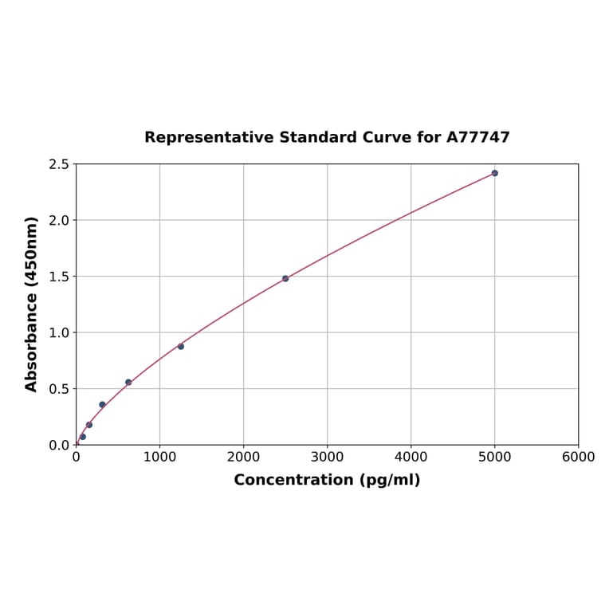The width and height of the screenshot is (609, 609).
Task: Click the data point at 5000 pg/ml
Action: pyautogui.click(x=494, y=173)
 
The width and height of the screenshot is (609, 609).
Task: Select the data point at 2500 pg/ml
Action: pyautogui.click(x=285, y=278)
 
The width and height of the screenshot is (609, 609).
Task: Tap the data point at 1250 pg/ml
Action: pyautogui.click(x=181, y=346)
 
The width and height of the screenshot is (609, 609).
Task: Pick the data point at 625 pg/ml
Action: pyautogui.click(x=128, y=382)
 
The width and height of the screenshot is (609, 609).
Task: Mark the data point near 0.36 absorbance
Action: pyautogui.click(x=102, y=404)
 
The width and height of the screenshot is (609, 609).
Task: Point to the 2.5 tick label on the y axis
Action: pyautogui.click(x=59, y=164)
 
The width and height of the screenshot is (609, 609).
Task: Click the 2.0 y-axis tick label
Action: pyautogui.click(x=59, y=220)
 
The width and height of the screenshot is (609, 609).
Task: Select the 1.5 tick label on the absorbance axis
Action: pyautogui.click(x=59, y=277)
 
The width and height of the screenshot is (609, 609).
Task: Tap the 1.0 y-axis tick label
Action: pyautogui.click(x=59, y=332)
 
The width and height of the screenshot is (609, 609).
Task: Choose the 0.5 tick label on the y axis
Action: pyautogui.click(x=59, y=389)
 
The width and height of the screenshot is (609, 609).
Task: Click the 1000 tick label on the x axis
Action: pyautogui.click(x=159, y=457)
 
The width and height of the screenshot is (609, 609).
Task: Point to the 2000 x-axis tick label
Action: pyautogui.click(x=243, y=457)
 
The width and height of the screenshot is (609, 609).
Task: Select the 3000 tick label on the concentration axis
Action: pyautogui.click(x=327, y=457)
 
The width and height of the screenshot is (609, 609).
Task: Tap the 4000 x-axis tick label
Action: pyautogui.click(x=411, y=457)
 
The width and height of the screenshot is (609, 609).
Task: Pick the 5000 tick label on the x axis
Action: pyautogui.click(x=494, y=457)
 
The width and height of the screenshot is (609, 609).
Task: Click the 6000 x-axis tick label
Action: pyautogui.click(x=578, y=457)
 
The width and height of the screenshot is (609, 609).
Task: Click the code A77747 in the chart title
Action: pyautogui.click(x=477, y=137)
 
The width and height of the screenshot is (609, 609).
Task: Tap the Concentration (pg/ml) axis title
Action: pyautogui.click(x=327, y=480)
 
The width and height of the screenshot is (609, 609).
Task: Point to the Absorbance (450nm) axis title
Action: pyautogui.click(x=32, y=304)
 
